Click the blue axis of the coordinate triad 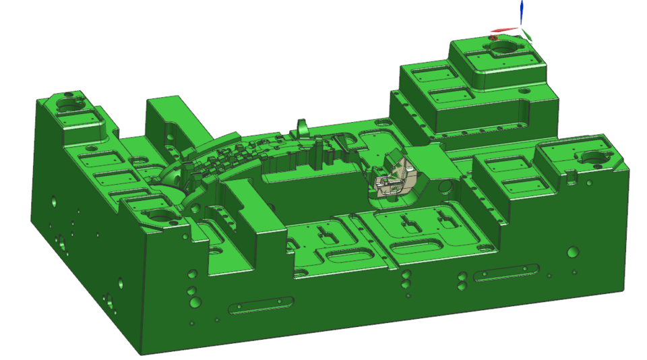pos(521,12)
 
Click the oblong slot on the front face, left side pos(261,305)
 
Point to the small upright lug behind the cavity pos(303,127)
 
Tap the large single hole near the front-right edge pos(573,252)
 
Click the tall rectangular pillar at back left pos(165,121)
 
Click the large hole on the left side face pos(60,239)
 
